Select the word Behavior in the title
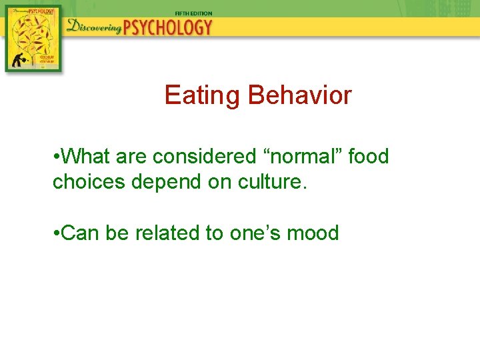pyautogui.click(x=299, y=96)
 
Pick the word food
pyautogui.click(x=368, y=157)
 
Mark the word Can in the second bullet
pyautogui.click(x=81, y=233)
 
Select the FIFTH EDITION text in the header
pyautogui.click(x=193, y=13)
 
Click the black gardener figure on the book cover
pyautogui.click(x=16, y=59)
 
